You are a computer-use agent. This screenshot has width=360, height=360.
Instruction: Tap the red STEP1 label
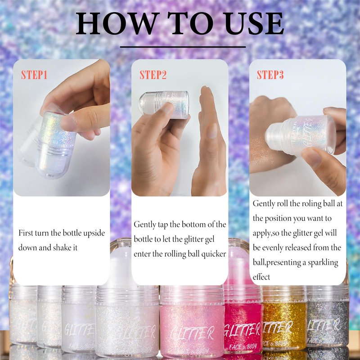pos(34,75)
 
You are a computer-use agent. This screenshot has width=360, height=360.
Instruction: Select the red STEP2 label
pos(153,75)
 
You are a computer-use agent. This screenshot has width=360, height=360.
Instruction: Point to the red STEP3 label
pos(270,75)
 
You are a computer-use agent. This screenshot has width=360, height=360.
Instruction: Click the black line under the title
pos(183,47)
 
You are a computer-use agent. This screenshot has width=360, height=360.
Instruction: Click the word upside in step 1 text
pos(94,233)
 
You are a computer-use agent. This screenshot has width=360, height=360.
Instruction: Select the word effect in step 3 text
pos(261,277)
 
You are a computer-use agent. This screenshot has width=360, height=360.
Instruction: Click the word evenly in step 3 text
pos(273,248)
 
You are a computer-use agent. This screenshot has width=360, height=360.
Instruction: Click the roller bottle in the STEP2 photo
pos(164,105)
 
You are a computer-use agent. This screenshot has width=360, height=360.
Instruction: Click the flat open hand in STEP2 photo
pos(208,142)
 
